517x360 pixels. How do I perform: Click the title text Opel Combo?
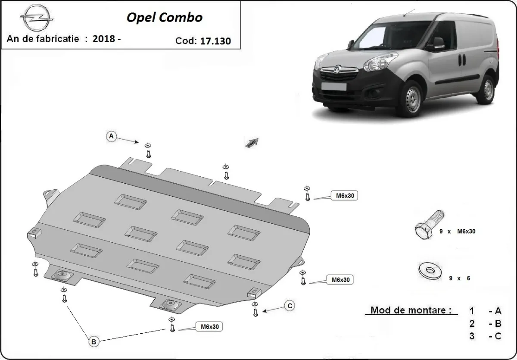tap(164, 17)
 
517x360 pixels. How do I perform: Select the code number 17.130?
tap(215, 41)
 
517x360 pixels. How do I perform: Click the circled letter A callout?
tap(112, 136)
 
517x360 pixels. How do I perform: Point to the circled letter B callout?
tap(94, 341)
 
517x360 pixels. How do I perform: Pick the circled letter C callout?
tap(290, 306)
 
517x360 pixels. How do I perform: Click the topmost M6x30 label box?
tap(344, 196)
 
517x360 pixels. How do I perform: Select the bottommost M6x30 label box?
tap(209, 327)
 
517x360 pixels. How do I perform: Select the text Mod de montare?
tap(411, 310)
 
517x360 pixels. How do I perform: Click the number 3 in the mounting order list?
tap(473, 336)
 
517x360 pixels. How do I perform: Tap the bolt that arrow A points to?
tap(148, 151)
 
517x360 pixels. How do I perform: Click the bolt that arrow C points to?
tap(255, 310)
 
